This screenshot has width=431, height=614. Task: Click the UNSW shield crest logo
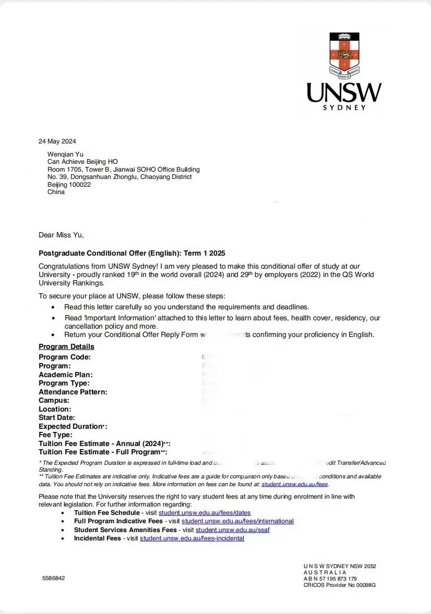point(344,55)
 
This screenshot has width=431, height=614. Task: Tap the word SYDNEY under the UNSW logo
point(344,107)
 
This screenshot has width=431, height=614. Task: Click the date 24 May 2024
point(57,141)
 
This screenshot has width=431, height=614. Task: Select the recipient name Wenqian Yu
point(65,154)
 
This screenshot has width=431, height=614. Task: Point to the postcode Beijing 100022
point(69,185)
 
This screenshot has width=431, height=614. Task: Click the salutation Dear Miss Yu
point(61,235)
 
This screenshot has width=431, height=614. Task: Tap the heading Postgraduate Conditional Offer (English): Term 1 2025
point(132,254)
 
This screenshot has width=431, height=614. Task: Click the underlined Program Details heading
point(66,347)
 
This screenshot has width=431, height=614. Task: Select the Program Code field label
point(65,357)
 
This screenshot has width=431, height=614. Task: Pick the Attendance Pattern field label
point(73,392)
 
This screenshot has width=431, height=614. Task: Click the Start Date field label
point(57,418)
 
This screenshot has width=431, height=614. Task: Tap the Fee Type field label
point(56,435)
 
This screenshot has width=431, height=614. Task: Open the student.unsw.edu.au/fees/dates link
point(205,513)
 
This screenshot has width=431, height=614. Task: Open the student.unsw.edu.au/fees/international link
point(237,521)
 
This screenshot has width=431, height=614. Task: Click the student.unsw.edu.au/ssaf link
point(233,530)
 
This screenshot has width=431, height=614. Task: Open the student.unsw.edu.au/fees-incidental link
point(192,538)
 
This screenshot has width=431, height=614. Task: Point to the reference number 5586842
point(54,579)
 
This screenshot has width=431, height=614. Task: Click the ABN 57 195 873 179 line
point(330,579)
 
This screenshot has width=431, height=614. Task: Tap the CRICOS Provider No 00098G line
point(340,585)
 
